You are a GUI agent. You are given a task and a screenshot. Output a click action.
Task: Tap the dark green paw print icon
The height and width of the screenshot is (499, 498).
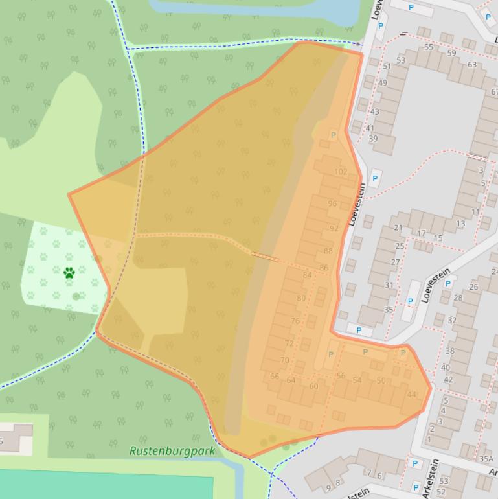pyautogui.click(x=69, y=273)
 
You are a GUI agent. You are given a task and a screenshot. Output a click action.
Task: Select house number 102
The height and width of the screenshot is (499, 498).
pyautogui.click(x=341, y=172)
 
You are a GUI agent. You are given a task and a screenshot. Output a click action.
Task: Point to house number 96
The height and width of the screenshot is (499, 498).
pyautogui.click(x=332, y=203)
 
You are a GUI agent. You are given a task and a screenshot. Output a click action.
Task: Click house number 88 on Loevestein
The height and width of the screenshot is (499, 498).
pyautogui.click(x=328, y=251)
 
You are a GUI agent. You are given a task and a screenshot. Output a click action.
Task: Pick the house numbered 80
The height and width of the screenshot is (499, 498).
pyautogui.click(x=300, y=298)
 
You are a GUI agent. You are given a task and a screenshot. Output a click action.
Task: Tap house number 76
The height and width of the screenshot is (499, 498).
pyautogui.click(x=295, y=321)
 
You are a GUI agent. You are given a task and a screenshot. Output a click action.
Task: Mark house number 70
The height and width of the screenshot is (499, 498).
pyautogui.click(x=284, y=360)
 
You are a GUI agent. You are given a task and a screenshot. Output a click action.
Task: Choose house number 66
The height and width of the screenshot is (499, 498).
pyautogui.click(x=275, y=377)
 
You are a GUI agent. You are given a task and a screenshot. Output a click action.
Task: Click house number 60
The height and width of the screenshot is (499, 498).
pyautogui.click(x=313, y=386)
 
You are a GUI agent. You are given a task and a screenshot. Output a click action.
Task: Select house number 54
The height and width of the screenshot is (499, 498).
pyautogui.click(x=357, y=380)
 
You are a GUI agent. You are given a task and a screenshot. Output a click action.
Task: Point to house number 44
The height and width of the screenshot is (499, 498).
pyautogui.click(x=411, y=394)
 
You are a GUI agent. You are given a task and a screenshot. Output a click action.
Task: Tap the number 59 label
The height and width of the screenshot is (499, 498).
pyautogui.click(x=451, y=53)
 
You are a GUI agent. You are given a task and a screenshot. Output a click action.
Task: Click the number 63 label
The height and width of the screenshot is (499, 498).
pyautogui.click(x=471, y=65)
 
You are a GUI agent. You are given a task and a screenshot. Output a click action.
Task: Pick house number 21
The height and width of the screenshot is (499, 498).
pyautogui.click(x=398, y=228)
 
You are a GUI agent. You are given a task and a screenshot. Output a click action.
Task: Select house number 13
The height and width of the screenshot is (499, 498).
pyautogui.click(x=460, y=224)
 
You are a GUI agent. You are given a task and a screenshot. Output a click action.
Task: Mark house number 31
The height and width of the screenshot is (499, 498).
pyautogui.click(x=389, y=285)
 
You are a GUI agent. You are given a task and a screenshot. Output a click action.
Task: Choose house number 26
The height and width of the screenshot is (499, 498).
pyautogui.click(x=473, y=287)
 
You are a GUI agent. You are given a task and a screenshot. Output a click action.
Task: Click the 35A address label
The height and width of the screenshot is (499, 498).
pyautogui.click(x=486, y=458)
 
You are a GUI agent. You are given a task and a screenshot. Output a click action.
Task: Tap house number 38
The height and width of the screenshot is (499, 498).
pyautogui.click(x=450, y=351)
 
